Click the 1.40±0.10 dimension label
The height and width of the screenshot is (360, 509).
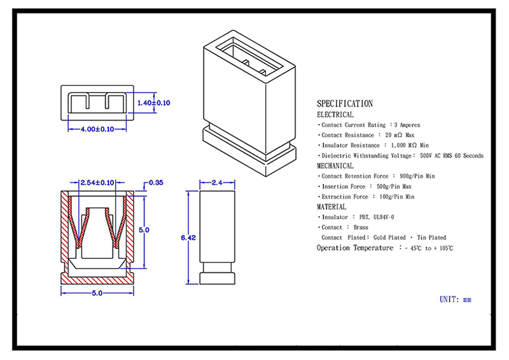point(154,103)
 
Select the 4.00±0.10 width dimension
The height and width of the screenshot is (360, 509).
point(97,129)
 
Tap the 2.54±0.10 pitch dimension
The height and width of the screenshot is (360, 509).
point(97,183)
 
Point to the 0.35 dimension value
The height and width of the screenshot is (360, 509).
point(156,183)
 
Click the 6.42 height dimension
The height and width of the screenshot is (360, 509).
point(188,238)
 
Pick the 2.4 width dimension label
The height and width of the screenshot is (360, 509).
point(217,183)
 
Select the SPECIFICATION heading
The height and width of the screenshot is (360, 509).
point(345,104)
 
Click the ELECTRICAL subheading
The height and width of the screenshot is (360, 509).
point(335,114)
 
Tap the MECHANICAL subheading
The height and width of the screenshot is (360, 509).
point(335,166)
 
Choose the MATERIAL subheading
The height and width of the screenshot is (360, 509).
point(331,207)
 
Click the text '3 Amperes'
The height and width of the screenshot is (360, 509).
point(407,125)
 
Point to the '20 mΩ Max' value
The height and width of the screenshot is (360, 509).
point(400,135)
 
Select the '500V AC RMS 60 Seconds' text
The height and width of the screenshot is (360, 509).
point(452,155)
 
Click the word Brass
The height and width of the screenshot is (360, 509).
point(361,227)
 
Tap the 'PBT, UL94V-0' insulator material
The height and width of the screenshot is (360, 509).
point(377,217)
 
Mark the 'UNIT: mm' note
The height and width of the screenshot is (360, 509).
point(456,300)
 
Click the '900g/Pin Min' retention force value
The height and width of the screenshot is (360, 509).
point(417,176)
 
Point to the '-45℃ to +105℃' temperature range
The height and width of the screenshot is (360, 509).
point(429,248)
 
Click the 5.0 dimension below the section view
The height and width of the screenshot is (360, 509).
point(97,293)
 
